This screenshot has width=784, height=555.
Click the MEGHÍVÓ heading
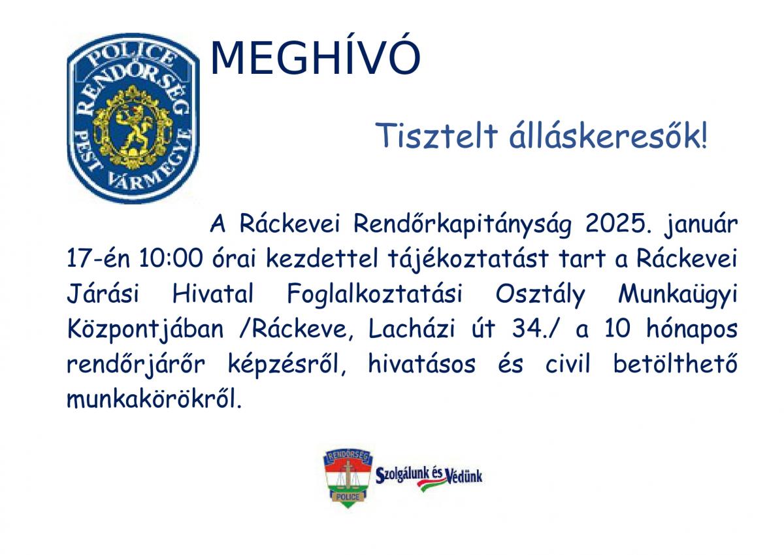coord(315,57)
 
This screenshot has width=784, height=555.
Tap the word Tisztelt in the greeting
coord(436,135)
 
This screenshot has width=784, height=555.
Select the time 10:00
coord(171,258)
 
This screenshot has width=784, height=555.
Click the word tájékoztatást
coord(468,259)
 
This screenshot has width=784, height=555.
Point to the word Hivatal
coord(213,294)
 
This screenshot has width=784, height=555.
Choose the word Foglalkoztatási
coord(374,295)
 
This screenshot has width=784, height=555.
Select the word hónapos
coord(692,330)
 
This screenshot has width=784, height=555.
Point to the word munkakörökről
coord(154,399)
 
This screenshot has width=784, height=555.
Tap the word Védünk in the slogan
coord(464,475)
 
